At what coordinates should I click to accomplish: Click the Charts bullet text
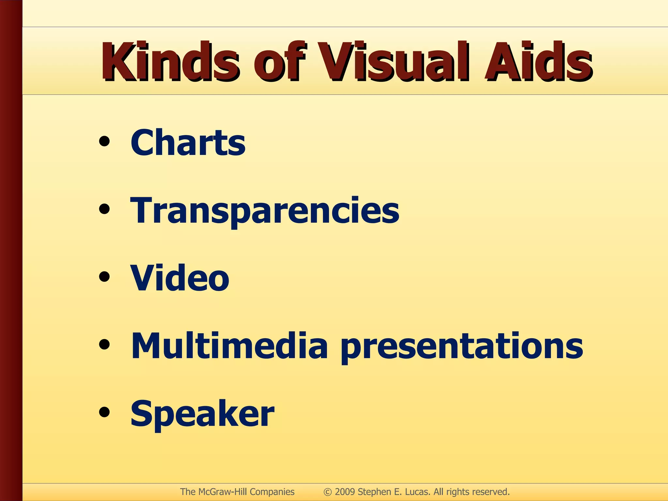point(188,143)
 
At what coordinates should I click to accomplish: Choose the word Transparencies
point(265,211)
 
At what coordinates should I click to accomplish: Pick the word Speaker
point(202,414)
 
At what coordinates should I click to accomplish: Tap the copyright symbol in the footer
point(327,492)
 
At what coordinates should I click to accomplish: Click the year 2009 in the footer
point(345,492)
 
